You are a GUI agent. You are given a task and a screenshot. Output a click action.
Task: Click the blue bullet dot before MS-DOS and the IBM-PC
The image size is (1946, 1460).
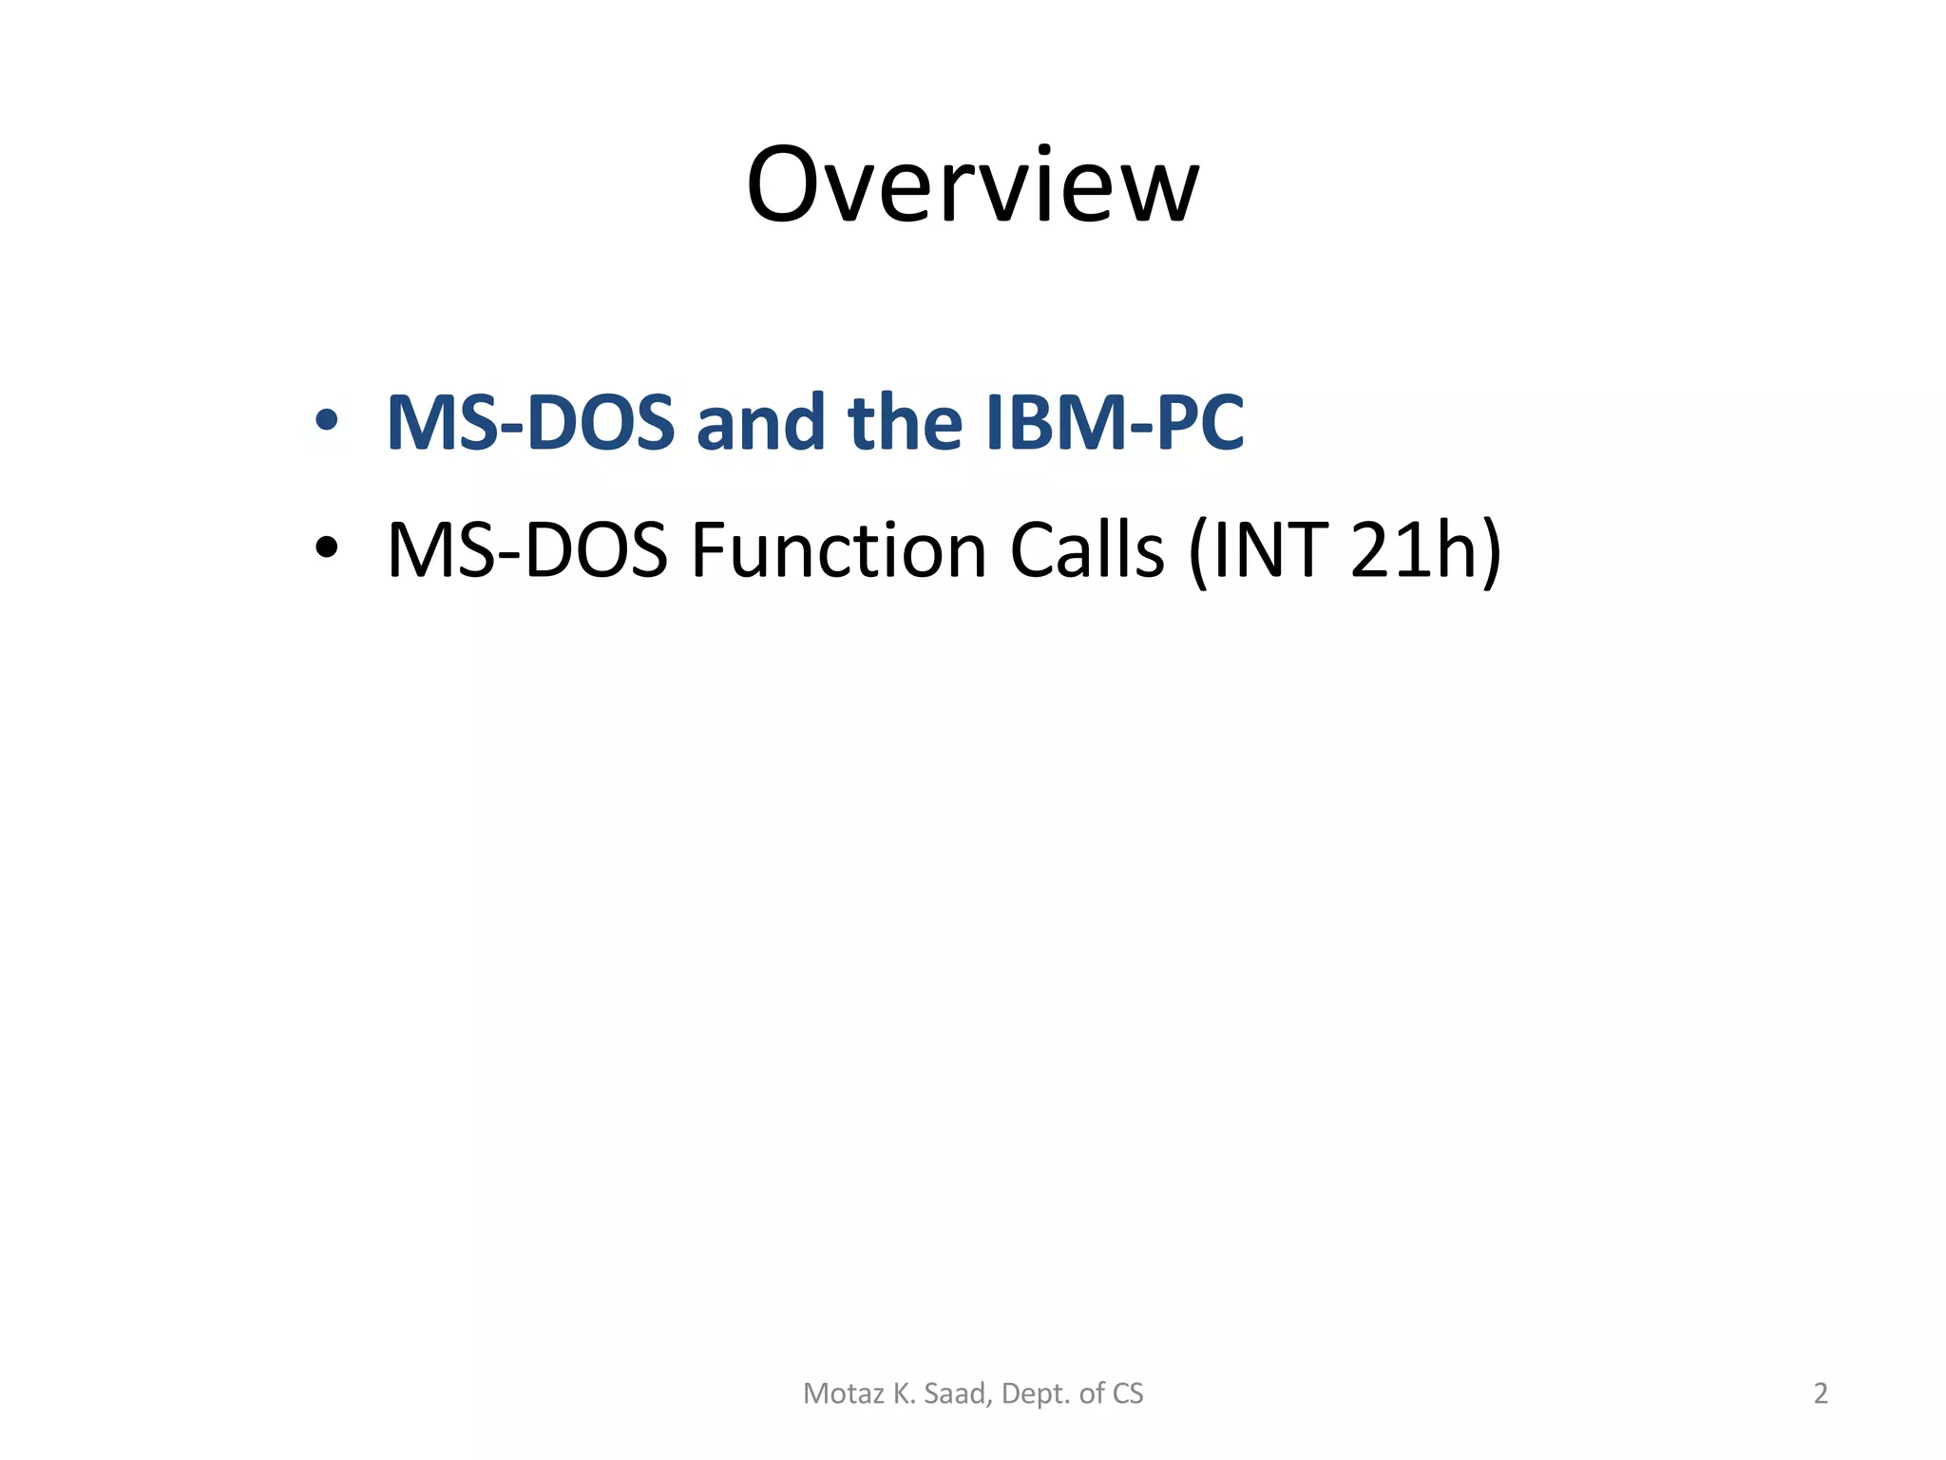click(x=326, y=420)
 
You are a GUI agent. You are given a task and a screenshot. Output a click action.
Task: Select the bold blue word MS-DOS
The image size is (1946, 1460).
click(x=530, y=422)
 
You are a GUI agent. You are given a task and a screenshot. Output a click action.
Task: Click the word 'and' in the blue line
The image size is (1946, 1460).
click(x=760, y=422)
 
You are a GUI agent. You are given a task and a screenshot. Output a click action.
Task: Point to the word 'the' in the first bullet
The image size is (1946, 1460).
click(x=905, y=422)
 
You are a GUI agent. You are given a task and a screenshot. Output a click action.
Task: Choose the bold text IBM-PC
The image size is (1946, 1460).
click(x=1115, y=422)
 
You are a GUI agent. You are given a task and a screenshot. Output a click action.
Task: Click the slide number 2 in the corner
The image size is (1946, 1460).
click(x=1821, y=1393)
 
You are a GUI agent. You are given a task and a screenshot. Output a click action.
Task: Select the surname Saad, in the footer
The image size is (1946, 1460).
click(x=959, y=1393)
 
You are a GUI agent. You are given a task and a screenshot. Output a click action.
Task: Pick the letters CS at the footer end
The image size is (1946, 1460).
click(x=1128, y=1393)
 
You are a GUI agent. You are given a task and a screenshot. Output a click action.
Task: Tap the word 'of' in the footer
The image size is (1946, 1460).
click(x=1092, y=1393)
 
